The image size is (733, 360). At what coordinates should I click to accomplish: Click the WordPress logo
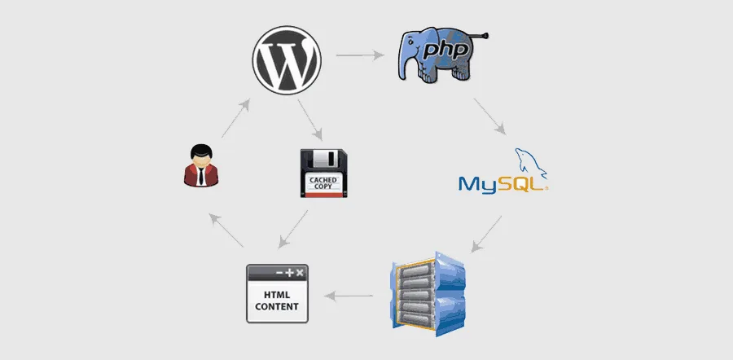pyautogui.click(x=287, y=60)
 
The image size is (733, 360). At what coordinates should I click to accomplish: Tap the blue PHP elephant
pyautogui.click(x=440, y=55)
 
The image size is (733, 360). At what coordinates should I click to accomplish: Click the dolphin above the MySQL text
pyautogui.click(x=531, y=163)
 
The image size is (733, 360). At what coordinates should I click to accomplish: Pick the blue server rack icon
pyautogui.click(x=428, y=294)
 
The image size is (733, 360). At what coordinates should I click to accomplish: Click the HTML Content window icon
pyautogui.click(x=277, y=293)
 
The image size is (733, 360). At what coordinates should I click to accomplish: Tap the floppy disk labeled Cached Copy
pyautogui.click(x=323, y=173)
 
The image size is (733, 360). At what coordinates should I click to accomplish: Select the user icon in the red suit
pyautogui.click(x=201, y=165)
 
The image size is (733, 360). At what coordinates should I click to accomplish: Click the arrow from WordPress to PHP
pyautogui.click(x=360, y=55)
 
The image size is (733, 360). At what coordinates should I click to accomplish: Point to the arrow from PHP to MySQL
pyautogui.click(x=490, y=116)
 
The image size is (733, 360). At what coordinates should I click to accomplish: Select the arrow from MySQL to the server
pyautogui.click(x=486, y=235)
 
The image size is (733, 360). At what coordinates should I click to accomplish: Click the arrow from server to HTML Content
pyautogui.click(x=349, y=296)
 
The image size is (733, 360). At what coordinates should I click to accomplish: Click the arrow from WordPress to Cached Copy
pyautogui.click(x=310, y=120)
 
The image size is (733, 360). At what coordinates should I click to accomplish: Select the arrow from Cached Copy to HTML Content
pyautogui.click(x=293, y=229)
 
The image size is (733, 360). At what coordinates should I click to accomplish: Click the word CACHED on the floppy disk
pyautogui.click(x=323, y=180)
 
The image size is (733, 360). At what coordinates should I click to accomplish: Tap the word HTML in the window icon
pyautogui.click(x=277, y=295)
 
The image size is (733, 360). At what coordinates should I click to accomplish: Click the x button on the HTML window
pyautogui.click(x=300, y=273)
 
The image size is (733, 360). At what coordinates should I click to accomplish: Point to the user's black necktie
pyautogui.click(x=201, y=175)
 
